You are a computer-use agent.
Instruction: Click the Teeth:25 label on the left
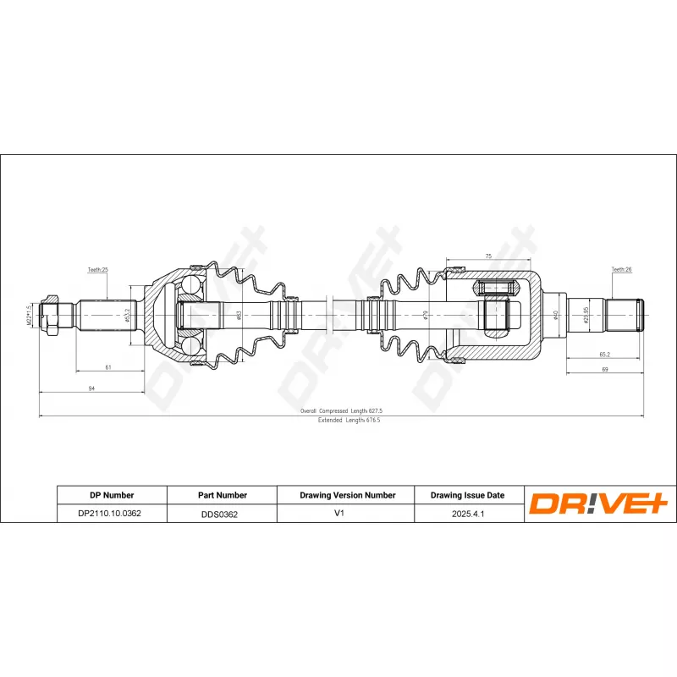click(x=98, y=270)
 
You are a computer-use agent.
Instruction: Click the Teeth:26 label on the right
click(x=621, y=270)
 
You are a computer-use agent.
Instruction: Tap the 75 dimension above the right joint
click(x=488, y=255)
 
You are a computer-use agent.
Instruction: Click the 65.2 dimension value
click(x=604, y=355)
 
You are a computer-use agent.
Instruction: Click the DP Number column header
click(x=112, y=495)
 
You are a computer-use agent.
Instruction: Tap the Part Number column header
click(x=221, y=495)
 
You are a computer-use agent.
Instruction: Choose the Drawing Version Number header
click(x=348, y=495)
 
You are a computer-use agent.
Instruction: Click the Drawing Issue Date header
click(x=468, y=495)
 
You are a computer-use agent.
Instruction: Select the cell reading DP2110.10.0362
click(x=112, y=513)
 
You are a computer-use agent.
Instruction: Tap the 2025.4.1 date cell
click(x=468, y=513)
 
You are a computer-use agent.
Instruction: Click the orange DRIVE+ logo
click(x=599, y=504)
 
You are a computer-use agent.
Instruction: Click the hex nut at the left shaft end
click(x=52, y=315)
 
